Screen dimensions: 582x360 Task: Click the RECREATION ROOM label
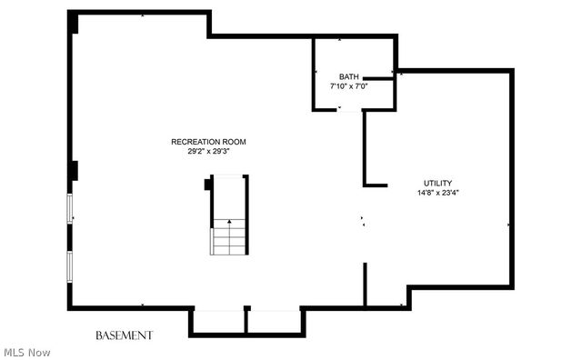click(208, 142)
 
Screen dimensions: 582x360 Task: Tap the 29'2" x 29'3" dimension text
click(209, 151)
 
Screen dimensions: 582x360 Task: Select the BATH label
click(349, 77)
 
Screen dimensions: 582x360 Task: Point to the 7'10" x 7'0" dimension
click(349, 86)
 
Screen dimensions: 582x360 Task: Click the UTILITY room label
click(438, 183)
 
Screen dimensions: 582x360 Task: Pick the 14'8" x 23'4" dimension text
click(438, 193)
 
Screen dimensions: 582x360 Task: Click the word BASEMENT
click(124, 335)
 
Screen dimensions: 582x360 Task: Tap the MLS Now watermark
click(27, 353)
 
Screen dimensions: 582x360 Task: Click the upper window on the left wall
click(69, 208)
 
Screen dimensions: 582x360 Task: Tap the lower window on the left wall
click(69, 267)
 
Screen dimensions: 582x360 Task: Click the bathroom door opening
click(349, 110)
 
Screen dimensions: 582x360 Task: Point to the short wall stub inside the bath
click(378, 78)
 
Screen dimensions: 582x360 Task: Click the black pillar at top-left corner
click(73, 23)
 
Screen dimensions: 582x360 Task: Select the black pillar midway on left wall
click(73, 171)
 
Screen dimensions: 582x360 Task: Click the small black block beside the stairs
click(207, 185)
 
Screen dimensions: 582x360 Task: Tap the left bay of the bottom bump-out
click(219, 322)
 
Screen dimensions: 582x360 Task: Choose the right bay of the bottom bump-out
click(275, 322)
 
